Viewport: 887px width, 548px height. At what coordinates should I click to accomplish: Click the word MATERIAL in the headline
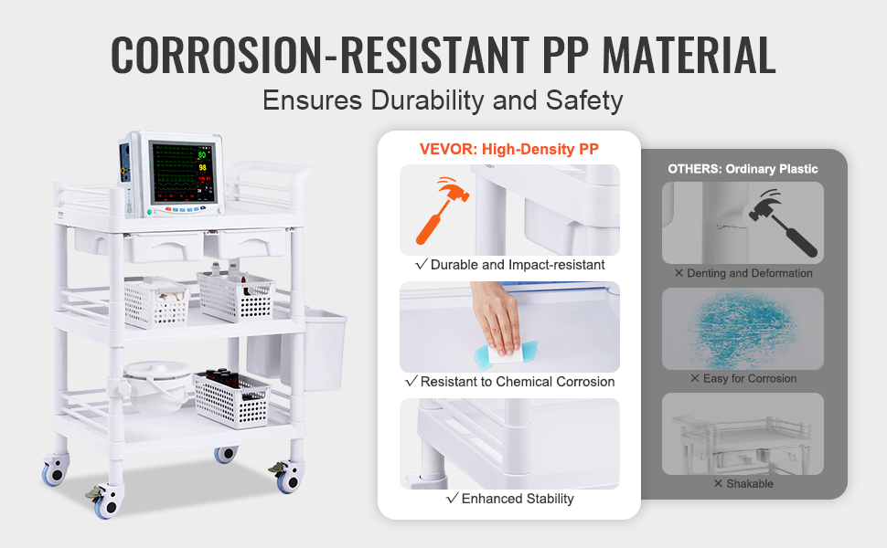(689, 55)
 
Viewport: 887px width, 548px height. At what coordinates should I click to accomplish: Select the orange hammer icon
(443, 210)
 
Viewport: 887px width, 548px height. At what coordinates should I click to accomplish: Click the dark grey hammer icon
(783, 224)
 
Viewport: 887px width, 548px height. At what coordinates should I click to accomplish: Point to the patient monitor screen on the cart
(183, 173)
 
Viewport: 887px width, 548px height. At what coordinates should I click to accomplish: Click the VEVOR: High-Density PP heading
(509, 149)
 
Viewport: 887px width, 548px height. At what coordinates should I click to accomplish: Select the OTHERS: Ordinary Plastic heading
(743, 169)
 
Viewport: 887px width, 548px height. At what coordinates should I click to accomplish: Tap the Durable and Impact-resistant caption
(509, 265)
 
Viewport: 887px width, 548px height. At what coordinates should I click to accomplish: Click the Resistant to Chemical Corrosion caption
(509, 382)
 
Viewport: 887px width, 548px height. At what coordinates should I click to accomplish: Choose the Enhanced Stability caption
(509, 499)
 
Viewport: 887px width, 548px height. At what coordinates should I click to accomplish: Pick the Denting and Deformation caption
(743, 273)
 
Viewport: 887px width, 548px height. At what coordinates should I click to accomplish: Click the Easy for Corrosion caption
(743, 378)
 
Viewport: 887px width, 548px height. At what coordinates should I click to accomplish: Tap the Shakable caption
(743, 483)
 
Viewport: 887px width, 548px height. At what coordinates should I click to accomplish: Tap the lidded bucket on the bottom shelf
(156, 385)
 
